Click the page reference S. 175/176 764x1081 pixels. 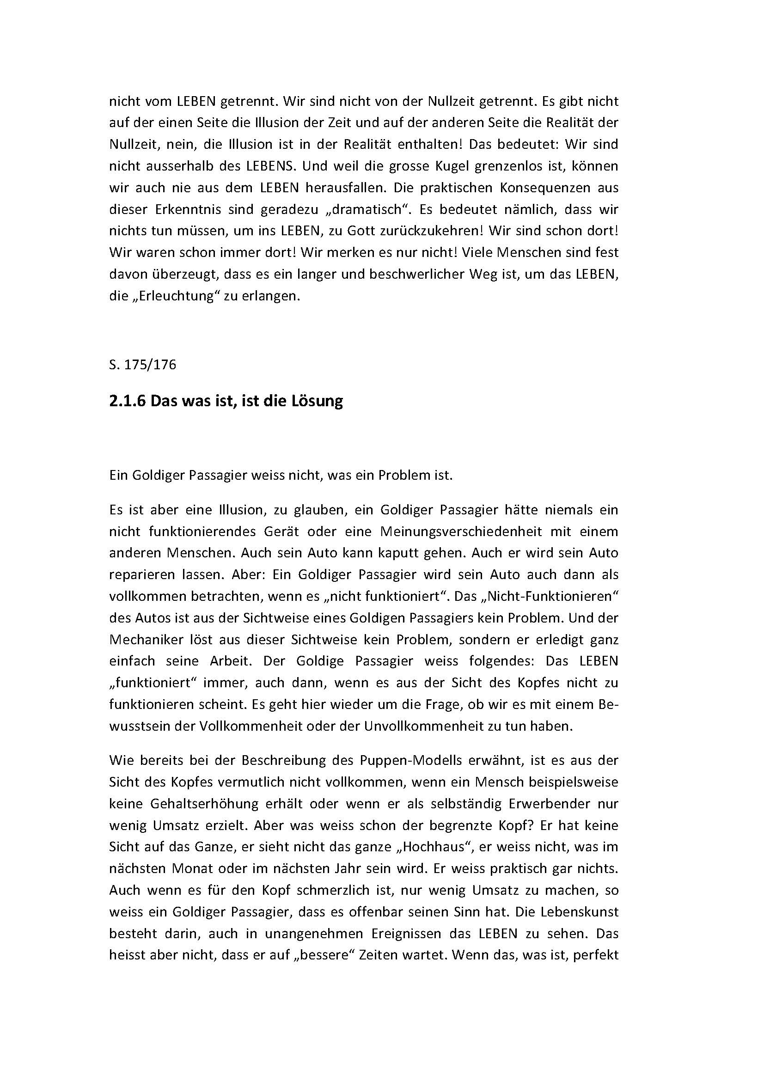click(x=143, y=365)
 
